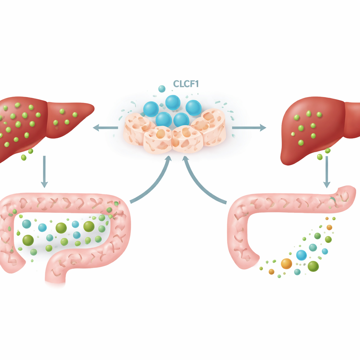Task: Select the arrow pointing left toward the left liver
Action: click(105, 128)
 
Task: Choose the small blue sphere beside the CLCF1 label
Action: click(162, 89)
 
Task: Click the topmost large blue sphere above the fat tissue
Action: click(173, 103)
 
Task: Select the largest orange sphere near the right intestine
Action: click(287, 263)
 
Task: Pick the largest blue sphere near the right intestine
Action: click(301, 255)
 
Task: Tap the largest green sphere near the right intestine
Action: click(313, 266)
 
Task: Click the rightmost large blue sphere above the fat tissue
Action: click(193, 108)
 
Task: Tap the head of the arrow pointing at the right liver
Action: click(263, 128)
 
